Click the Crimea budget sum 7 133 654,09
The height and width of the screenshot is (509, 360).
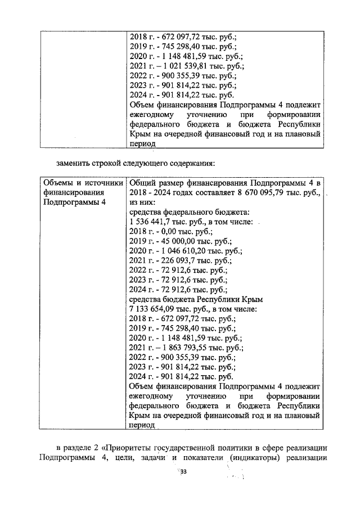[154, 309]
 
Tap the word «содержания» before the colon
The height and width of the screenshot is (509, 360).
[190, 164]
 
